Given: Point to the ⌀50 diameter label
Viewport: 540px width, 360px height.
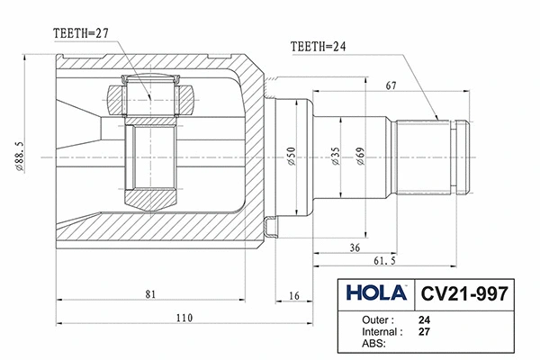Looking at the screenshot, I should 291,158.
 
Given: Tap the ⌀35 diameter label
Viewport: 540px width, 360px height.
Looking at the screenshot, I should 335,158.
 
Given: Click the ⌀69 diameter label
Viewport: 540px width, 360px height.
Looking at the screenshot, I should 360,158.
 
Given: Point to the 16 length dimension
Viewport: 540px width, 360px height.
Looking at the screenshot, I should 294,294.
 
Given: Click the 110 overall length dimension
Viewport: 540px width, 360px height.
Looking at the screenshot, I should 184,317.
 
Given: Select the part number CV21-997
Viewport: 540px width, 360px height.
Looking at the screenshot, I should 464,293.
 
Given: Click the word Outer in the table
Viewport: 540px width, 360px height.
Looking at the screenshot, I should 378,319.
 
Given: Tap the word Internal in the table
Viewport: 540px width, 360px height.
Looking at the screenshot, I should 382,330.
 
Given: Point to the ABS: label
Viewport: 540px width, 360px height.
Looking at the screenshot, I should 373,342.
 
